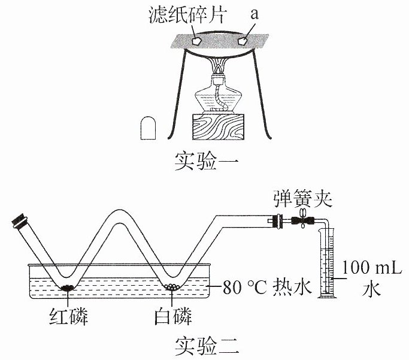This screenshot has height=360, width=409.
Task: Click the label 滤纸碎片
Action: coord(186,15)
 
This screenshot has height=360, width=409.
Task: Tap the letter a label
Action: coord(254,14)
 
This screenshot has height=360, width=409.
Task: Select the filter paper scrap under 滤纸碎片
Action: coord(196,41)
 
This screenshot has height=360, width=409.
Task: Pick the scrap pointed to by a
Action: coord(243,41)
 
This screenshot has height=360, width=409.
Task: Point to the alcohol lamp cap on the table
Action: coord(148,128)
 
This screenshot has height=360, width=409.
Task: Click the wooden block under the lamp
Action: coord(218,127)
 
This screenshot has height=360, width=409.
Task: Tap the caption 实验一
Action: coord(206,161)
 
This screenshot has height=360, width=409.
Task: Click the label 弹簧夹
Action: coord(302,199)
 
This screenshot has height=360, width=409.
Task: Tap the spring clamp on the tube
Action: coord(303,220)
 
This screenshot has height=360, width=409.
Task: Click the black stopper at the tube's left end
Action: coord(19,222)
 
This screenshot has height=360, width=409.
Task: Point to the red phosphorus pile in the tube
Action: coord(68,288)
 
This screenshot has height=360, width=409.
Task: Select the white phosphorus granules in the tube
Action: coord(172,287)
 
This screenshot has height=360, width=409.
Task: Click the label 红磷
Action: coord(68,316)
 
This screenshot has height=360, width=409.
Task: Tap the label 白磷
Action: coord(173,316)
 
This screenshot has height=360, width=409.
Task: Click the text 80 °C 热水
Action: coord(267,287)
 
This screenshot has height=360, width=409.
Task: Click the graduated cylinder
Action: coord(326,263)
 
